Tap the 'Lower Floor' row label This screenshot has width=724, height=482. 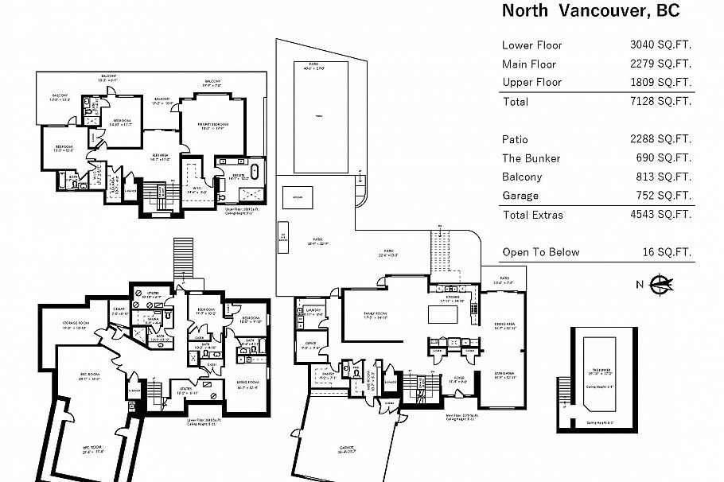[x=531, y=45]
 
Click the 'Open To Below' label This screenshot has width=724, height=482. [x=540, y=253]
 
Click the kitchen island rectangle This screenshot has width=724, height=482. [x=442, y=314]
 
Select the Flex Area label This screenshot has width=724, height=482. [x=162, y=155]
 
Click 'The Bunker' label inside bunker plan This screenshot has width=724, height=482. [x=601, y=370]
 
